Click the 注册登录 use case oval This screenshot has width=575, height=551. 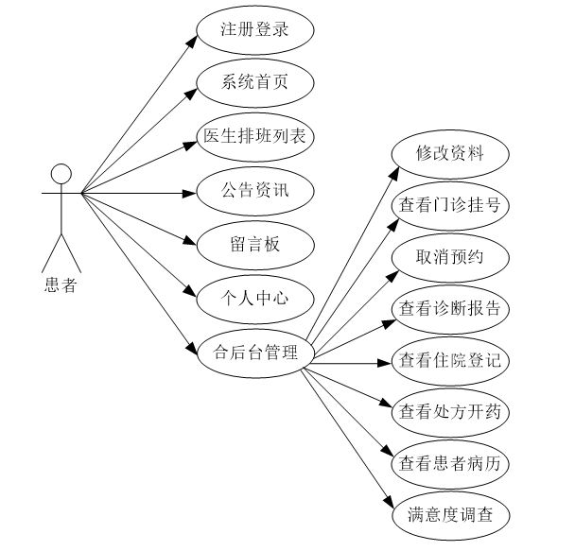coord(254,30)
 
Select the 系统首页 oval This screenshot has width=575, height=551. coord(254,82)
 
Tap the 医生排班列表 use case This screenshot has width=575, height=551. coord(254,136)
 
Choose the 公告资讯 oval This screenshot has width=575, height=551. coord(254,192)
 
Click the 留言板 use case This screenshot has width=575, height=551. coord(254,245)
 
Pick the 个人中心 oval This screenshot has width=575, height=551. coord(254,300)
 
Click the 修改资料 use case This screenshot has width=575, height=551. coord(450,153)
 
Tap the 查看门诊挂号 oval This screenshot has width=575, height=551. coord(450,205)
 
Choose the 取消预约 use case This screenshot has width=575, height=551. coord(450,257)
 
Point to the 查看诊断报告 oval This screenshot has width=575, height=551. coord(450,309)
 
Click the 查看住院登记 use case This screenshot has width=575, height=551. coord(450,361)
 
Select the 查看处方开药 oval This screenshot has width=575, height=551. coord(450,413)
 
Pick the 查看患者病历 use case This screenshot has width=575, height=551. coord(450,464)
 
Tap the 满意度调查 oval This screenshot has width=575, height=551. coord(450,516)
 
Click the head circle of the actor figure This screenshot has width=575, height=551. coord(61,173)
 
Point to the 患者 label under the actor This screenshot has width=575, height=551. coord(61,284)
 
